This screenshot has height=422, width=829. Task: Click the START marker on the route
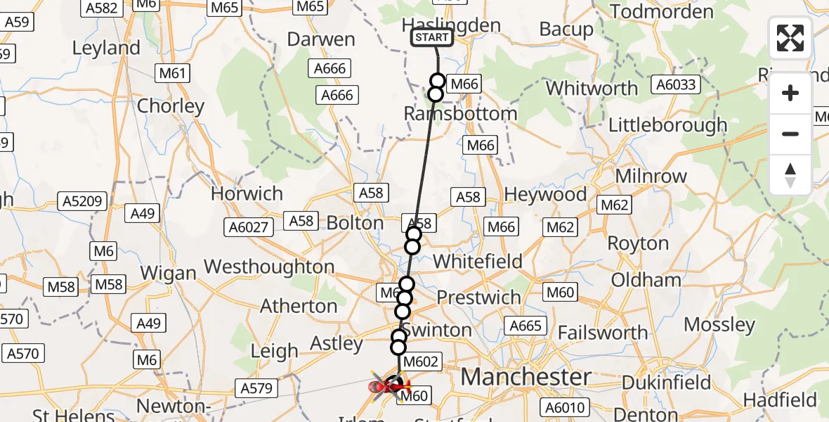pos(432,37)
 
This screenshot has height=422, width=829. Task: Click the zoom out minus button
pos(790,134)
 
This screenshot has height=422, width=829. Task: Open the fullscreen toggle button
pos(790,38)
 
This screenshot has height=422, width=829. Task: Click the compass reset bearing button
pos(790,175)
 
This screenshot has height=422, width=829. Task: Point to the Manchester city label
pos(526,377)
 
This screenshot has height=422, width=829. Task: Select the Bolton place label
pos(355,223)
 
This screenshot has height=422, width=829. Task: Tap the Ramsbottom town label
pos(461,113)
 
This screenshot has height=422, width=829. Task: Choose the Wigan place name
pos(169,272)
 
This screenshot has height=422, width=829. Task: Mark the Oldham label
pos(646,280)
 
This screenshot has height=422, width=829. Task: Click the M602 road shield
pos(422,363)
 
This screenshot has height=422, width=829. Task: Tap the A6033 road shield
pos(676,85)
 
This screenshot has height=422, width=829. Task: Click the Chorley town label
pos(171,106)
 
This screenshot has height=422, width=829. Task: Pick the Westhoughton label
pos(269,267)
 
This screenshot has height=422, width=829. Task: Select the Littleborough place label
pos(667,125)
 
